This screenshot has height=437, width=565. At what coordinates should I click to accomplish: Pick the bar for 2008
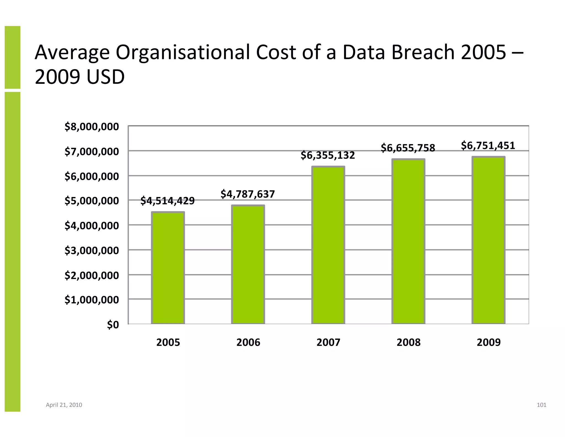(x=408, y=241)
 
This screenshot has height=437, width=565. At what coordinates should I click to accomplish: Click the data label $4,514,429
(x=167, y=201)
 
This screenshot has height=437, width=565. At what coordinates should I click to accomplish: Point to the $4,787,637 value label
(x=248, y=194)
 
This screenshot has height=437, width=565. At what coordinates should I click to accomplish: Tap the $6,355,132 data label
(x=328, y=155)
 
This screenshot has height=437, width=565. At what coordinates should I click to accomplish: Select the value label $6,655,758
(x=408, y=148)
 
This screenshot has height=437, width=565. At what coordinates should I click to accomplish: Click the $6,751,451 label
(x=488, y=146)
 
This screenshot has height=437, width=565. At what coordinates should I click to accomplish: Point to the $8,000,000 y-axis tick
(x=92, y=127)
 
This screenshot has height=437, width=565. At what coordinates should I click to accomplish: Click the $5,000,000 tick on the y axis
(x=92, y=201)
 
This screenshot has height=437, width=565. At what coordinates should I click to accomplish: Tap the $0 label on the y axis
(x=113, y=325)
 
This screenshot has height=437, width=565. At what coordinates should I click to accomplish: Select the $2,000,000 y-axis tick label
(x=92, y=275)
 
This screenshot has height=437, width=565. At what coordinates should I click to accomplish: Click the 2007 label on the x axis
(x=328, y=343)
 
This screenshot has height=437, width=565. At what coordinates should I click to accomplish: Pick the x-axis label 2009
(x=488, y=343)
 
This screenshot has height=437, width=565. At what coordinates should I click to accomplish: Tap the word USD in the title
(x=105, y=77)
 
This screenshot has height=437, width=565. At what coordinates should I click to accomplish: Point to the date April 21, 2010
(x=64, y=405)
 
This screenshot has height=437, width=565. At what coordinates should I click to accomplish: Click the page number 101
(x=541, y=405)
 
